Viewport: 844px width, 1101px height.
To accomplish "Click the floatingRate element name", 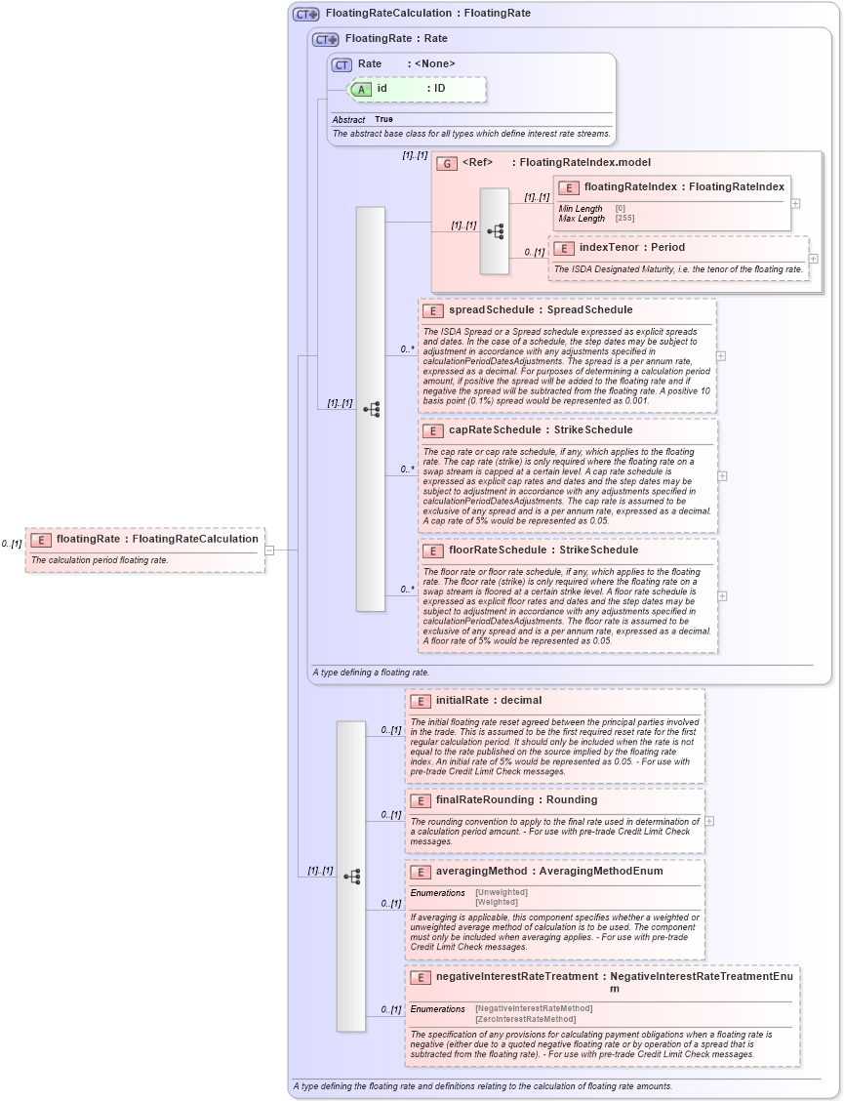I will pos(88,539).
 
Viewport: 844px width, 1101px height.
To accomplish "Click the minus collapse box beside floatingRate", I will pos(270,550).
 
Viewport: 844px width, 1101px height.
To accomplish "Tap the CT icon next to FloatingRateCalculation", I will pos(306,15).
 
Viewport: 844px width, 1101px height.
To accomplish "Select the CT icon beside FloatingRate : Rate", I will pos(326,40).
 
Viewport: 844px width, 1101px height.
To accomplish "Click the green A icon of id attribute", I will pos(361,89).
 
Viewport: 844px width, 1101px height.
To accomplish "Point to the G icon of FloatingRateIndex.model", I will pos(447,163).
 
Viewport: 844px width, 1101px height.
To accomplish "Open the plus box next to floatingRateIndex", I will pos(796,204).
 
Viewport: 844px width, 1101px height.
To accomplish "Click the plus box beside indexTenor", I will pos(813,259).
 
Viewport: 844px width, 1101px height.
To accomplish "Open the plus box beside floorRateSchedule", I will pos(722,595).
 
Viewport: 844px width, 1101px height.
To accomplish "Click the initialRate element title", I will pos(462,700).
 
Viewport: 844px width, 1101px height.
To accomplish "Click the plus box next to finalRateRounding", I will pos(709,821).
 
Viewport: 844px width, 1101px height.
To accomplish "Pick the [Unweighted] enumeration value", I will pos(501,892).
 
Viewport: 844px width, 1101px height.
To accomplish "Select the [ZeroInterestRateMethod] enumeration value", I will pos(525,1019).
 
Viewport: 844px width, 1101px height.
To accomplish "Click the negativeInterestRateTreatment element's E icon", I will pos(421,977).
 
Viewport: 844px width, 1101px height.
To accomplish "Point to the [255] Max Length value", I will pos(624,219).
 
